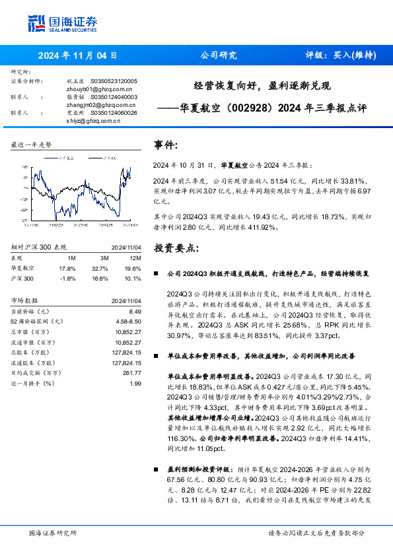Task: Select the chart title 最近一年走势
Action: click(32, 144)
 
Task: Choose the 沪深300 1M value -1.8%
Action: click(68, 279)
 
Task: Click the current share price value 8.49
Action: click(135, 310)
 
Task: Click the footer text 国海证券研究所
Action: click(53, 533)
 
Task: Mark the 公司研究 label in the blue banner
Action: click(218, 55)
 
